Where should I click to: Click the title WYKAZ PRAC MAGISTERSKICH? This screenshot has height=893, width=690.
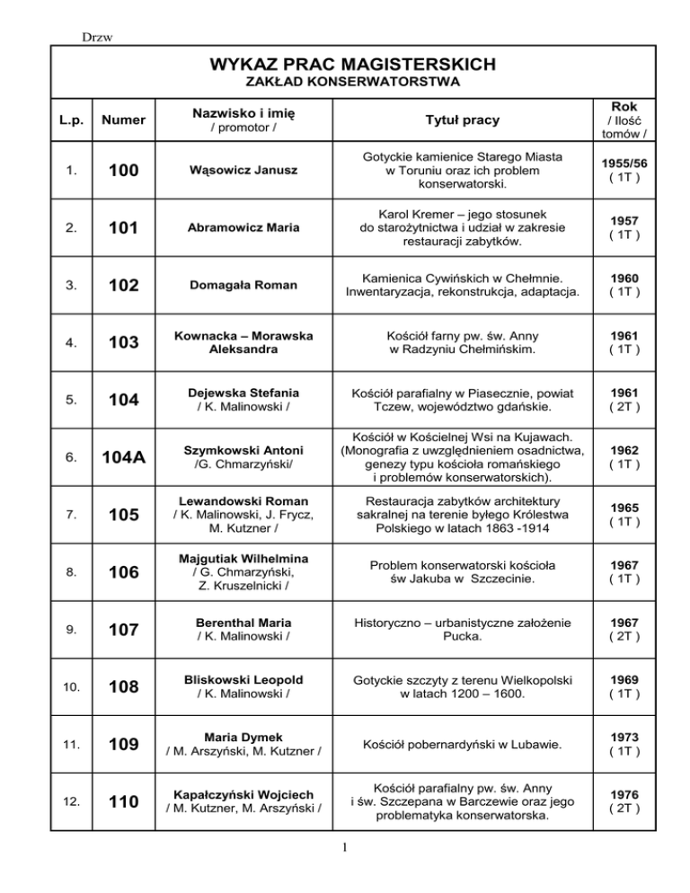345,65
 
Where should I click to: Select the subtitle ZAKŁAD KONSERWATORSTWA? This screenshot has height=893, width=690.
345,83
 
